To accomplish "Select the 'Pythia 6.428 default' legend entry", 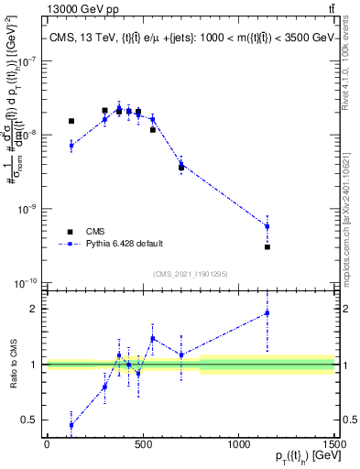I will pyautogui.click(x=125, y=244).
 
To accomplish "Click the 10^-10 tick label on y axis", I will pyautogui.click(x=27, y=282).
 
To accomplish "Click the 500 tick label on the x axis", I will pyautogui.click(x=143, y=444).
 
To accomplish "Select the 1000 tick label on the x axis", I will pyautogui.click(x=238, y=444).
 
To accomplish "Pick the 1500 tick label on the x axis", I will pyautogui.click(x=334, y=444).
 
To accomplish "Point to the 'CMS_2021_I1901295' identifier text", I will pyautogui.click(x=190, y=274).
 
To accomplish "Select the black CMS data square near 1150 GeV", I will pyautogui.click(x=267, y=246).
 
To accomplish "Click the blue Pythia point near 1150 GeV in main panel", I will pyautogui.click(x=267, y=226).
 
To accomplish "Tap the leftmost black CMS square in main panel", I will pyautogui.click(x=71, y=121).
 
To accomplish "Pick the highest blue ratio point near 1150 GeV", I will pyautogui.click(x=267, y=313).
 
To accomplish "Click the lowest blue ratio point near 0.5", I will pyautogui.click(x=71, y=425).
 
